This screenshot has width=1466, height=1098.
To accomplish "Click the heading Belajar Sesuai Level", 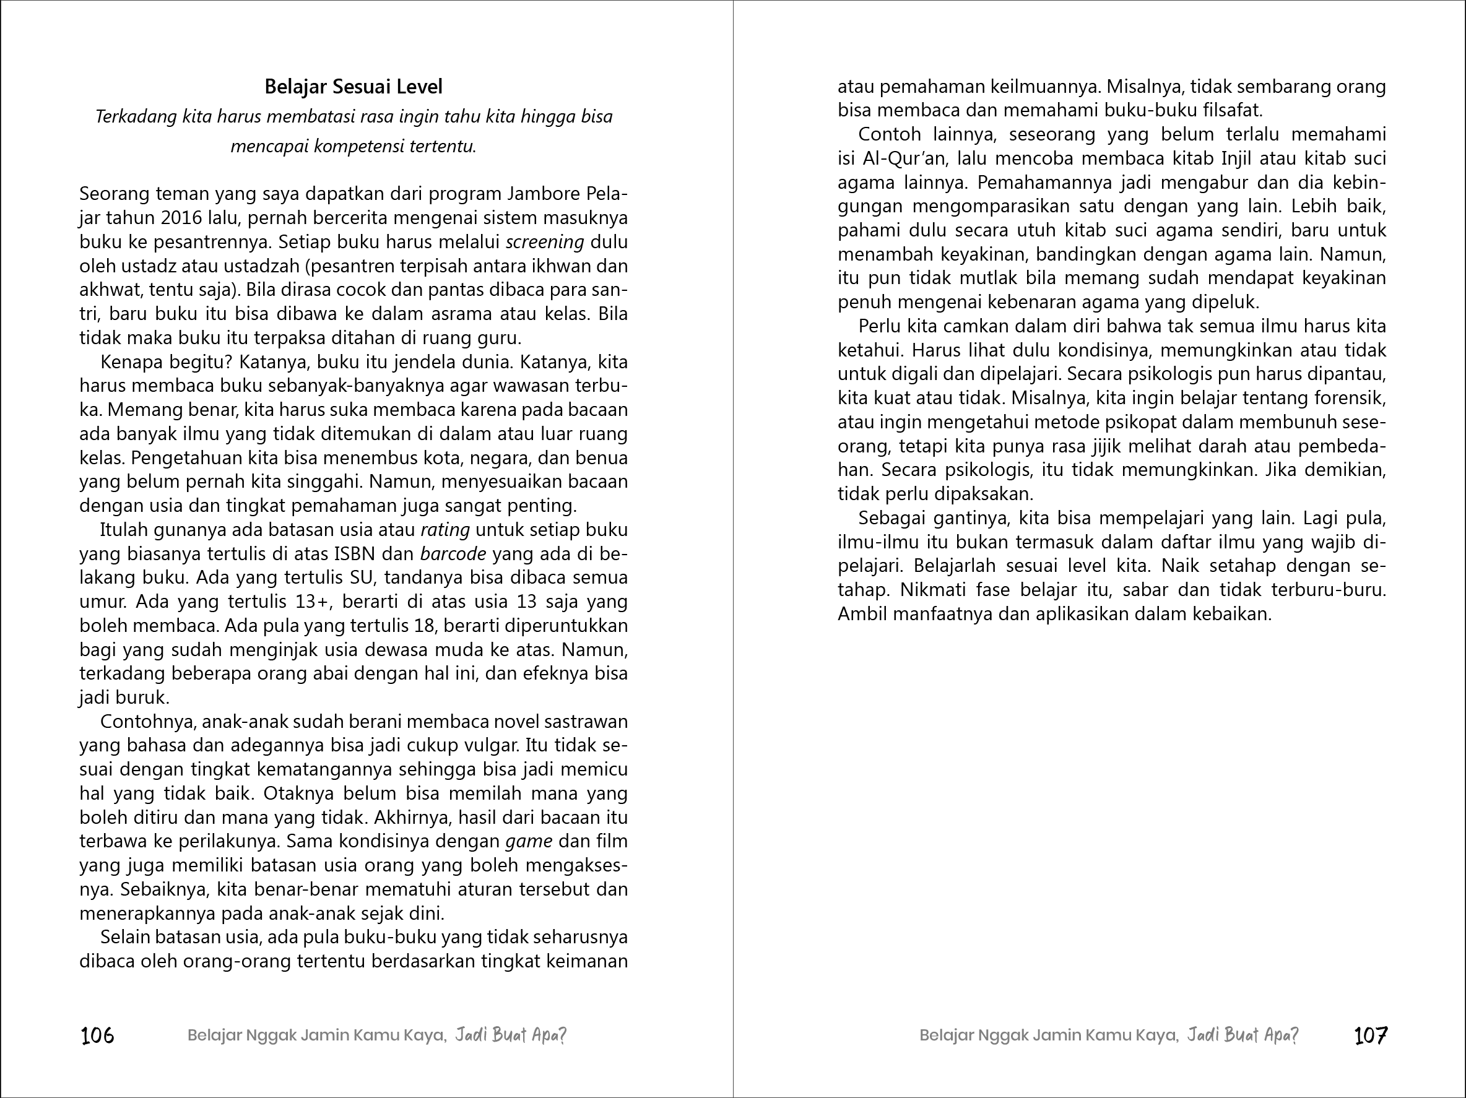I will pyautogui.click(x=353, y=87).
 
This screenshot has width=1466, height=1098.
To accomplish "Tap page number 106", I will pyautogui.click(x=97, y=1035).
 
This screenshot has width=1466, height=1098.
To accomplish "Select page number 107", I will pyautogui.click(x=1371, y=1035).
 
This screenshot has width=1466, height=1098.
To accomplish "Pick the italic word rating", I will pyautogui.click(x=445, y=530).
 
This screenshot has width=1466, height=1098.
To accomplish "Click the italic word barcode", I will pyautogui.click(x=453, y=554).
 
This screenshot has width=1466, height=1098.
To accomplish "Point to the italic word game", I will pyautogui.click(x=528, y=842).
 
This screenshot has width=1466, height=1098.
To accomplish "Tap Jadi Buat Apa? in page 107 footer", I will pyautogui.click(x=1242, y=1035).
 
